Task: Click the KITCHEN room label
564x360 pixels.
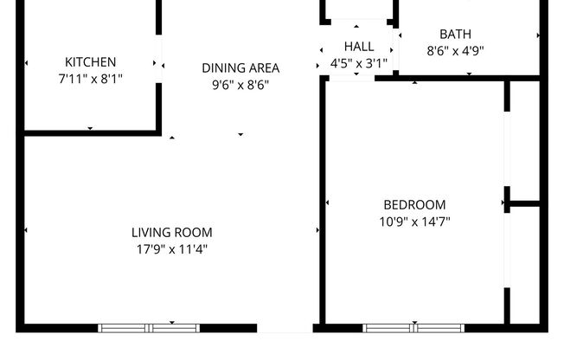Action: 90,62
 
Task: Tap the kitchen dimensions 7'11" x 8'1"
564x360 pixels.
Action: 90,78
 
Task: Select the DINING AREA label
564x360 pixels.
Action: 240,67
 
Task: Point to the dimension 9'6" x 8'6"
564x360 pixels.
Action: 240,84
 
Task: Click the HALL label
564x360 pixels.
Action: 359,47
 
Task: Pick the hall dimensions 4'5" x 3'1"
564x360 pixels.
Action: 359,63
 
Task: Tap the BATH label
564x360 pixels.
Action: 455,35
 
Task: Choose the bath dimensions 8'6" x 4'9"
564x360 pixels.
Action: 455,50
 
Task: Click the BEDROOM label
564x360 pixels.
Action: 414,205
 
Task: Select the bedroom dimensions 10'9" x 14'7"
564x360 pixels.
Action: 414,222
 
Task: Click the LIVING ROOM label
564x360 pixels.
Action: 171,232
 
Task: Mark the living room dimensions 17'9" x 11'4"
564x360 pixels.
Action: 171,249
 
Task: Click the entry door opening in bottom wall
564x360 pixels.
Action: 285,329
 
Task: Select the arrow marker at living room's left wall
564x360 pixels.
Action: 27,230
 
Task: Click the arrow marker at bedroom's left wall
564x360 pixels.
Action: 328,203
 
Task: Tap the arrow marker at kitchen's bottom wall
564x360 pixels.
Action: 90,129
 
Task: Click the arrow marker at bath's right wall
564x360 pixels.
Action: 538,35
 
